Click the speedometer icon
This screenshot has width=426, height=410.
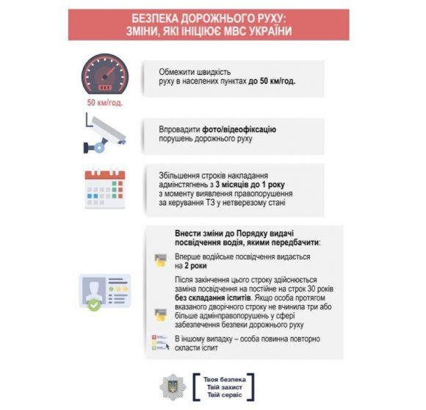click(x=105, y=74)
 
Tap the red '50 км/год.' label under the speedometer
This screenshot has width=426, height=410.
click(x=105, y=103)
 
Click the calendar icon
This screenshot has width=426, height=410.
click(x=105, y=188)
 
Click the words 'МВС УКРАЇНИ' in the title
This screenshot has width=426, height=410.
click(x=260, y=31)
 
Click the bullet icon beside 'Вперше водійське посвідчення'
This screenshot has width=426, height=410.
click(x=159, y=260)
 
